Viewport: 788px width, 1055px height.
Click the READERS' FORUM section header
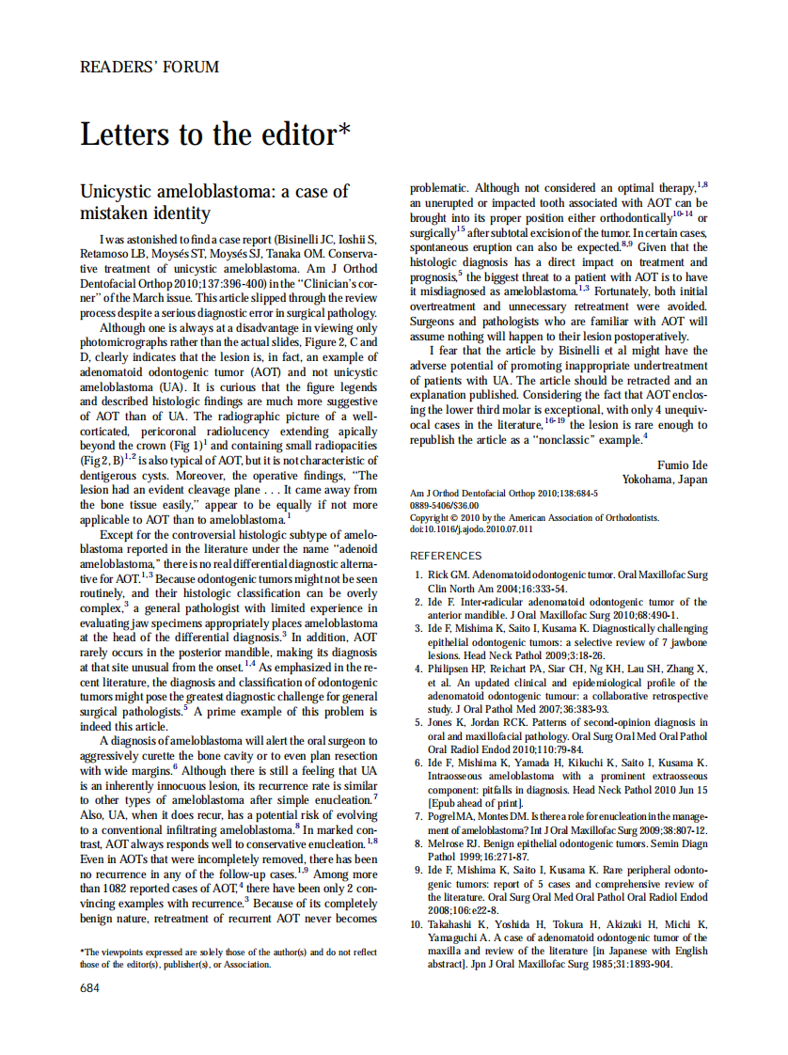tap(150, 67)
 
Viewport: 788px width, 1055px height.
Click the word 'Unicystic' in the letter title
tap(117, 192)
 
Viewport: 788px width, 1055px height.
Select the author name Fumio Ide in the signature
tap(682, 465)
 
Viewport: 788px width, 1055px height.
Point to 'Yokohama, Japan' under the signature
tap(665, 479)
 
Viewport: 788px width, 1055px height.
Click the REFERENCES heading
tap(446, 556)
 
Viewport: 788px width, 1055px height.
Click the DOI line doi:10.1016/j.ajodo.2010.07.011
tap(471, 529)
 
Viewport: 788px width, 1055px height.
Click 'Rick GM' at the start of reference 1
tap(448, 575)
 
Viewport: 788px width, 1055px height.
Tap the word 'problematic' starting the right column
tap(440, 189)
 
